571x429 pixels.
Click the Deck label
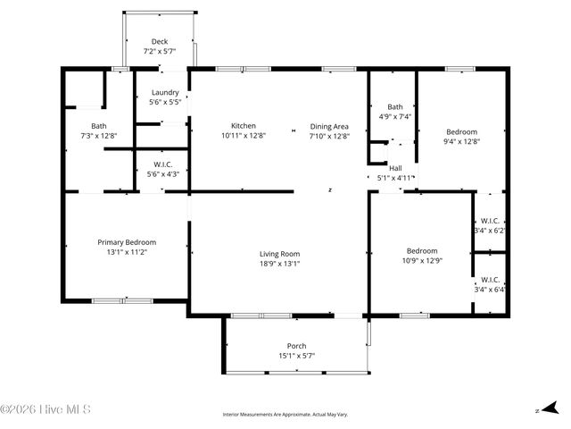[x=160, y=42]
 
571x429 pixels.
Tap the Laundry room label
[x=165, y=93]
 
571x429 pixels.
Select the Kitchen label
[x=244, y=126]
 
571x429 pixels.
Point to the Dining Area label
[x=329, y=126]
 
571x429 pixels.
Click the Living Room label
[x=279, y=254]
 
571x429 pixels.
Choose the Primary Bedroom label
[x=127, y=242]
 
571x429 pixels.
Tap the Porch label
[x=296, y=346]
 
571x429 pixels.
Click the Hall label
[x=395, y=167]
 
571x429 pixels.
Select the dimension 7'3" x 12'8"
[x=98, y=136]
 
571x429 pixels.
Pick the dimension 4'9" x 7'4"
[x=394, y=116]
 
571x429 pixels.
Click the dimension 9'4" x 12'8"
[x=461, y=141]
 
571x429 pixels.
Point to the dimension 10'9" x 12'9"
[x=422, y=260]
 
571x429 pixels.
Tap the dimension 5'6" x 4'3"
[x=162, y=173]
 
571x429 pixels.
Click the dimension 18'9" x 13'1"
[x=279, y=264]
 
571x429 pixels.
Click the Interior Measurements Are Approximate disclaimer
[x=285, y=415]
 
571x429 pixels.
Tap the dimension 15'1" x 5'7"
[x=296, y=356]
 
